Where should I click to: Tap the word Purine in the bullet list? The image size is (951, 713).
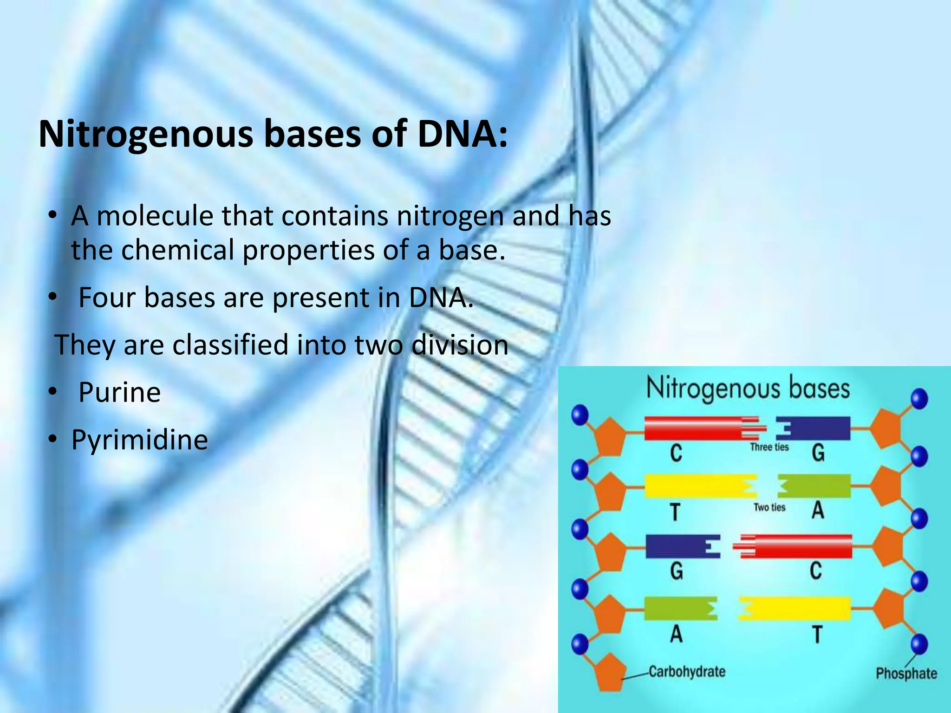pos(119,392)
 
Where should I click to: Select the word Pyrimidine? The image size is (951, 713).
pos(139,440)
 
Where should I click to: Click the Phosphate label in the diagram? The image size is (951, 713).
pos(906,673)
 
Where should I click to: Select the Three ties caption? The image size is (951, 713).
pos(769,447)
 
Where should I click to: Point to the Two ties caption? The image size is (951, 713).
pos(769,507)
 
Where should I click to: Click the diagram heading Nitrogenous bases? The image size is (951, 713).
pos(748,389)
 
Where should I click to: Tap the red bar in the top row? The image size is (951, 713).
pos(694,428)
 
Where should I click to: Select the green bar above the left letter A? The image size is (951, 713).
pos(676,609)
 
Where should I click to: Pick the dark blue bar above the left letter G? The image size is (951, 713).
pos(676,546)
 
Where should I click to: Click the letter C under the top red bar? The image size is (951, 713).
pos(676,453)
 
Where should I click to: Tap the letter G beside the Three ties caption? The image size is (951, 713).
pos(818,453)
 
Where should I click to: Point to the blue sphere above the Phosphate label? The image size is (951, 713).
pos(919,644)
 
